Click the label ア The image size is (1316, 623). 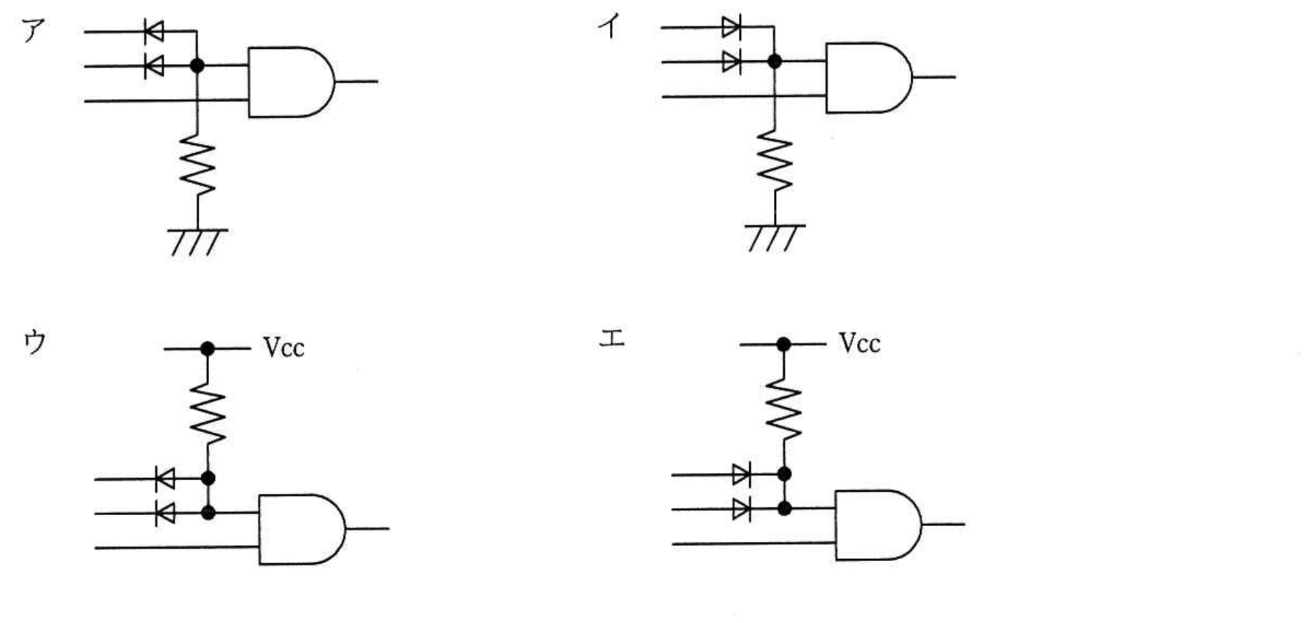(x=34, y=30)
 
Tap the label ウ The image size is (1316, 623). (x=35, y=341)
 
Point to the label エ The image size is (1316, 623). (x=611, y=337)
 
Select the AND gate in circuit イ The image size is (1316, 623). (x=869, y=77)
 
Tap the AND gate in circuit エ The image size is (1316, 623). (x=878, y=525)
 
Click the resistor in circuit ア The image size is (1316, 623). (x=197, y=166)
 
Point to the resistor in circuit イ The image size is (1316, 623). (x=775, y=162)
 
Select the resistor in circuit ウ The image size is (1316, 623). (x=208, y=414)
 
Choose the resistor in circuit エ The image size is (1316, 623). (x=783, y=410)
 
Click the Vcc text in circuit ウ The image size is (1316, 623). (x=283, y=348)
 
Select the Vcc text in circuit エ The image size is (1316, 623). (x=860, y=343)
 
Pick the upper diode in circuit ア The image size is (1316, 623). (x=154, y=31)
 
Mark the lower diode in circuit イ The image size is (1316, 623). (x=732, y=62)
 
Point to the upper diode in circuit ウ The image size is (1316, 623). (x=165, y=479)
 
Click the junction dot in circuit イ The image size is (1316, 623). (x=775, y=62)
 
